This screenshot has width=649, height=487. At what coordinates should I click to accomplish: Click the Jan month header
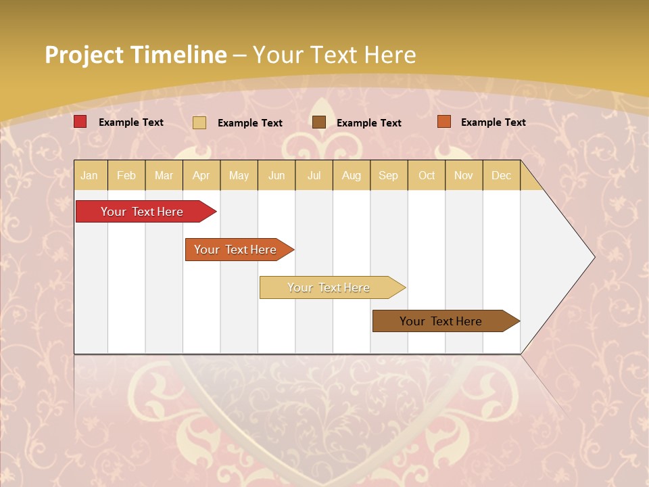click(89, 176)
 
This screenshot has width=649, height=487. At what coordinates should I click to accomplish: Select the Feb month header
click(126, 176)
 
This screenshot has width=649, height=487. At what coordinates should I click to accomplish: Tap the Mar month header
click(164, 176)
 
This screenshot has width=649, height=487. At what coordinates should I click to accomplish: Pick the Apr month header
click(201, 176)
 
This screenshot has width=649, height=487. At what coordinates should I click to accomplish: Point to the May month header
click(239, 176)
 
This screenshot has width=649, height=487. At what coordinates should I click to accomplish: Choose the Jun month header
click(277, 176)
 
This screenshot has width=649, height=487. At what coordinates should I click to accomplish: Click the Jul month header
click(314, 176)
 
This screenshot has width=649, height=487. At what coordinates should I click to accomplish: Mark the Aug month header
click(352, 176)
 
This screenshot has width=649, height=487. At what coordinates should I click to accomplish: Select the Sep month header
click(389, 176)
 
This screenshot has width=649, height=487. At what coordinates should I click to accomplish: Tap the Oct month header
click(427, 176)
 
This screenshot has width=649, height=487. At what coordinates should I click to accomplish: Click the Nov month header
click(464, 176)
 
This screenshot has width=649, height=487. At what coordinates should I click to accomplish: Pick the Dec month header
click(502, 176)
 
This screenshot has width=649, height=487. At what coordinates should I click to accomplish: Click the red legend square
click(80, 122)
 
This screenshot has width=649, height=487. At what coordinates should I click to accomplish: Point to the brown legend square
click(319, 122)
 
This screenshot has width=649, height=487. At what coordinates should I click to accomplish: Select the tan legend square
click(199, 122)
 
